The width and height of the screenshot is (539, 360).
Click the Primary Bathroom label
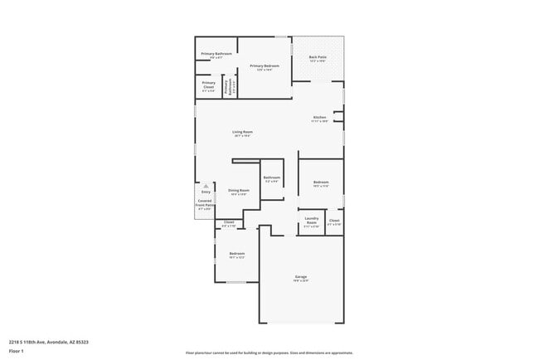pyautogui.click(x=216, y=56)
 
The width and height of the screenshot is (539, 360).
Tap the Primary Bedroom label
pyautogui.click(x=264, y=67)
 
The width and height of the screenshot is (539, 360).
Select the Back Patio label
pyautogui.click(x=318, y=59)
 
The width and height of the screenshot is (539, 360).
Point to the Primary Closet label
pyautogui.click(x=208, y=86)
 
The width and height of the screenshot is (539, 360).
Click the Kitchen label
pyautogui.click(x=320, y=119)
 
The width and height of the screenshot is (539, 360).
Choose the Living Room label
pyautogui.click(x=242, y=134)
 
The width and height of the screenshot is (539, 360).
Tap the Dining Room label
pyautogui.click(x=238, y=192)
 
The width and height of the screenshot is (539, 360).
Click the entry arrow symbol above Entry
pyautogui.click(x=206, y=186)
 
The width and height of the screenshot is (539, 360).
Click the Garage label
pyautogui.click(x=301, y=278)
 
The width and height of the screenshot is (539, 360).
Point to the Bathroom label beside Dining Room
pyautogui.click(x=272, y=178)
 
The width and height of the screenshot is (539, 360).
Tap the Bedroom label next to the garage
pyautogui.click(x=236, y=255)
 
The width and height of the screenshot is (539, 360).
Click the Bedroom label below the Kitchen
pyautogui.click(x=321, y=184)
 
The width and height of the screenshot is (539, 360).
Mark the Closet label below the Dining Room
pyautogui.click(x=229, y=224)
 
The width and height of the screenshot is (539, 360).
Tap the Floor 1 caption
pyautogui.click(x=16, y=352)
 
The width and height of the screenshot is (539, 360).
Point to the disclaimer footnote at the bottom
pyautogui.click(x=269, y=352)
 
